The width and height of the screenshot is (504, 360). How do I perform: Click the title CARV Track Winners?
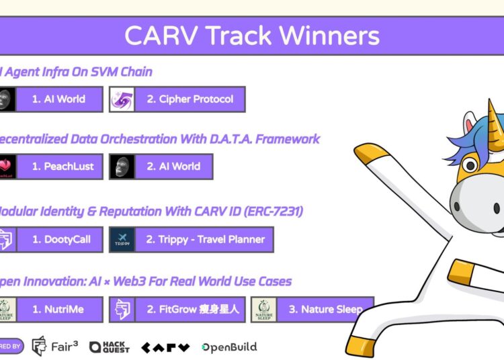252,35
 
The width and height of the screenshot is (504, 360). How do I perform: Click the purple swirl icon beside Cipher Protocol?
126,99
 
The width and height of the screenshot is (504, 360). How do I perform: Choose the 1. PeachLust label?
60,167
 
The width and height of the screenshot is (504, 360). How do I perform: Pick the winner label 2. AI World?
173,167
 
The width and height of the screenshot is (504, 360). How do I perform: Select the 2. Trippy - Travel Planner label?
205,240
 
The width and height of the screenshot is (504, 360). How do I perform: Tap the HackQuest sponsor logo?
110,347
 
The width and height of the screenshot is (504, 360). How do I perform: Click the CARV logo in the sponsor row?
165,347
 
